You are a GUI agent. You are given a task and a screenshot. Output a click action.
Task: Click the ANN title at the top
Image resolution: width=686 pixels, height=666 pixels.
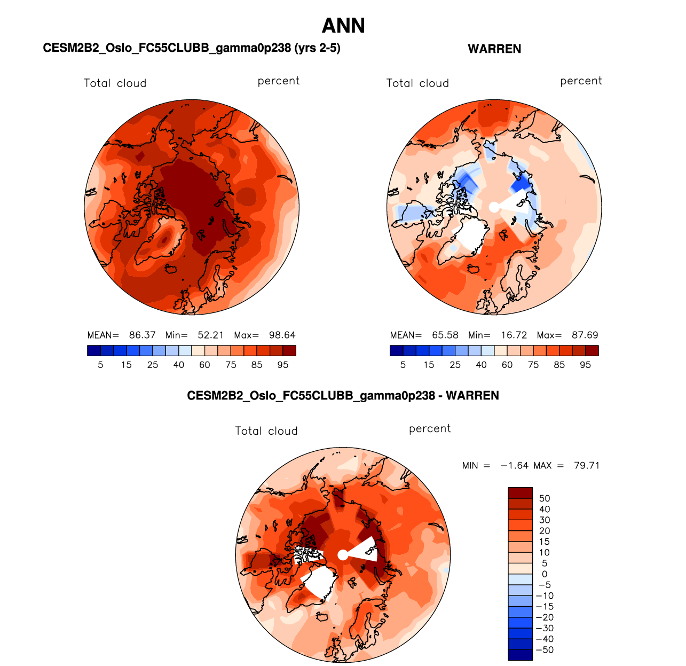coord(343,26)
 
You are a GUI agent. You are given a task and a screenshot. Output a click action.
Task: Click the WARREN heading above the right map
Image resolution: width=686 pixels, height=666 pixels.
coord(494,49)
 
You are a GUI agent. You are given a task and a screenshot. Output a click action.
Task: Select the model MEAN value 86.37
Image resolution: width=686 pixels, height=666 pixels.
coord(142,335)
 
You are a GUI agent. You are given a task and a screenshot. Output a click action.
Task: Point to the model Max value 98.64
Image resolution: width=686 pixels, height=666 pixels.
coord(282,335)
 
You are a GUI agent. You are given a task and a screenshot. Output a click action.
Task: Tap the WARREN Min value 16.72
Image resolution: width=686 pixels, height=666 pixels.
coord(514,335)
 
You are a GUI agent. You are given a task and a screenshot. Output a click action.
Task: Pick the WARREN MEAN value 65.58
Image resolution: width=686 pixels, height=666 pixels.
coord(445,335)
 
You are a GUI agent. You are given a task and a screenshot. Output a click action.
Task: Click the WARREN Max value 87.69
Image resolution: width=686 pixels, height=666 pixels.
coord(585,335)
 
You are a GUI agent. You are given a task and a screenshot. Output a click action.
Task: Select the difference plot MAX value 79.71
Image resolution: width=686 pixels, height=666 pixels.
coord(586,466)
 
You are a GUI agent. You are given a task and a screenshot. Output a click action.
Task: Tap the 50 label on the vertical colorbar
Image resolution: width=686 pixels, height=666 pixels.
coord(545,498)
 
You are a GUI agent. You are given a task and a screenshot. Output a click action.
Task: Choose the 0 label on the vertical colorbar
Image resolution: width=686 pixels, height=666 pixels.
coord(545,574)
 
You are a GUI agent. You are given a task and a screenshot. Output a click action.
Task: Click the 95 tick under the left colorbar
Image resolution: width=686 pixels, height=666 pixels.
coord(283,365)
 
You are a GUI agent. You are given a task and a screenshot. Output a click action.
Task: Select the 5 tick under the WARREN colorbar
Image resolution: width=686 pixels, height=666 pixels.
coord(403,365)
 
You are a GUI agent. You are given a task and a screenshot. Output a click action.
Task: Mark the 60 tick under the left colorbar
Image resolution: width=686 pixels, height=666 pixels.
coord(204,365)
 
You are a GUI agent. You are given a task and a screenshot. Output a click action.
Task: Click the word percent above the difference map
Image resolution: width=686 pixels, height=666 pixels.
coord(430,429)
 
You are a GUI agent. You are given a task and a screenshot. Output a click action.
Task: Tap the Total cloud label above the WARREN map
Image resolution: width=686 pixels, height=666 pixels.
coord(417,83)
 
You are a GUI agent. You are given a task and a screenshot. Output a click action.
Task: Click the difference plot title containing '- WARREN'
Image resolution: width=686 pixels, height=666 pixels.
coord(343,396)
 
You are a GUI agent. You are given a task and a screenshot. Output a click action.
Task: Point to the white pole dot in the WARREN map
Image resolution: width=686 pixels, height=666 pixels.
coord(494,207)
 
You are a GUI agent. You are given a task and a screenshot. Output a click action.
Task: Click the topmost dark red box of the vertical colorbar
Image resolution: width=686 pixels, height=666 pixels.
coord(520,492)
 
